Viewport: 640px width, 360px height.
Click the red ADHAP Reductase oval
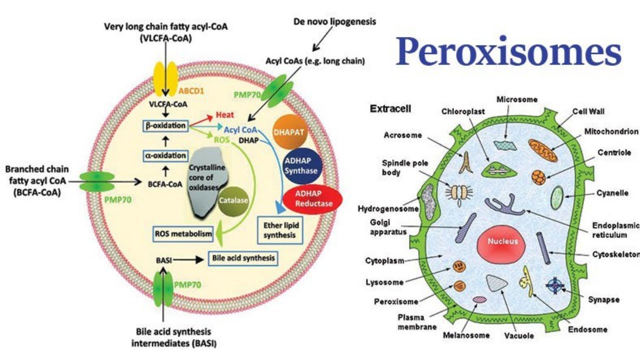(313, 199)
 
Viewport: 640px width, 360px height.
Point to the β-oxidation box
(164, 125)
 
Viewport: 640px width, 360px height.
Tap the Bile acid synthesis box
(242, 258)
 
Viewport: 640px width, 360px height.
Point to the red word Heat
(225, 115)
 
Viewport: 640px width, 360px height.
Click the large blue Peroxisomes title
(508, 52)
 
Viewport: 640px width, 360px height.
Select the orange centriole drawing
(538, 177)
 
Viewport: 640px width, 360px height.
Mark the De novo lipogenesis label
(334, 21)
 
